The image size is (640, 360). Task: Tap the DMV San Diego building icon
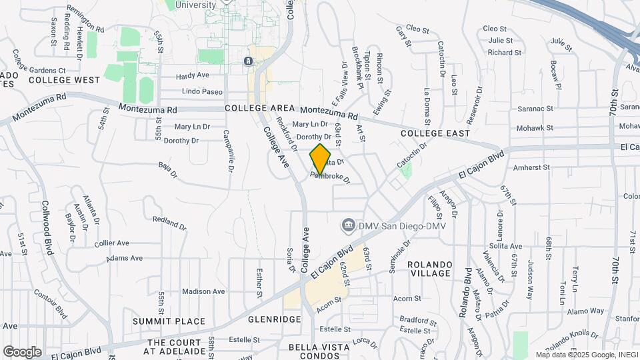[x=347, y=226]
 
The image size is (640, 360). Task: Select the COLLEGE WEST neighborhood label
[x=64, y=80]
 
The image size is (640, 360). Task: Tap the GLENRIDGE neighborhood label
[x=275, y=319]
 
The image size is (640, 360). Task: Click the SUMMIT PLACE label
[x=169, y=321]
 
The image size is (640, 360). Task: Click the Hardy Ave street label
[x=193, y=76]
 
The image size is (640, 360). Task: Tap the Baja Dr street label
[x=168, y=170]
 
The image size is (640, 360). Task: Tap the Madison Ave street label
[x=203, y=291]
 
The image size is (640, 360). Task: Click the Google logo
[x=22, y=351]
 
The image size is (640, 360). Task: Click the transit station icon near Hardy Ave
[x=248, y=61]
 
